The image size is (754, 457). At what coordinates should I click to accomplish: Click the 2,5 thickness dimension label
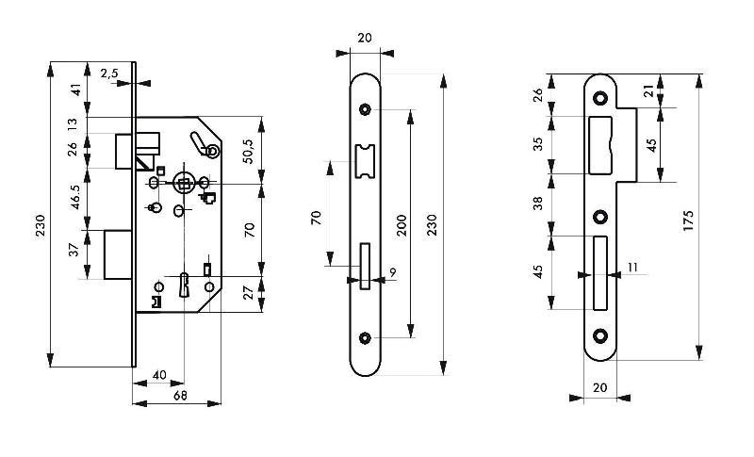click(108, 72)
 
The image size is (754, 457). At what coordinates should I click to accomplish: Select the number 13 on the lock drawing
click(72, 124)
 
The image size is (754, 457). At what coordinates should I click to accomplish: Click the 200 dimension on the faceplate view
click(402, 224)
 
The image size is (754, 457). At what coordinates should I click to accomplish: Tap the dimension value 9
click(391, 274)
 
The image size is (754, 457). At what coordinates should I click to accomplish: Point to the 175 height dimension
click(689, 221)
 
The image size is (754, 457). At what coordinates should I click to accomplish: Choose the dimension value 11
click(631, 268)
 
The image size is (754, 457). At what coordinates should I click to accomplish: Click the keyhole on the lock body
click(185, 282)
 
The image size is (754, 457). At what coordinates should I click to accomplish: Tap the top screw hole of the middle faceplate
click(366, 108)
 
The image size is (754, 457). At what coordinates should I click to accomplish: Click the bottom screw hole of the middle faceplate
click(366, 336)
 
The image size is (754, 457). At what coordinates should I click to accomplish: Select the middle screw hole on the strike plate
click(599, 217)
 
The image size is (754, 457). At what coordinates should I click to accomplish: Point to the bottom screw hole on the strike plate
click(599, 335)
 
